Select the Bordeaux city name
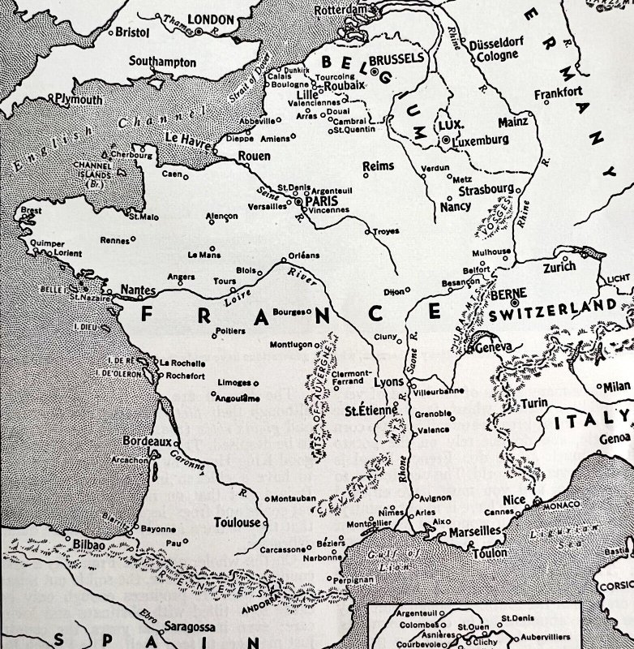[x=146, y=441]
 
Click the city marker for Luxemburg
[x=445, y=140]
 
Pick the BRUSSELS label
[x=396, y=59]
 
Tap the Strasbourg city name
[x=486, y=191]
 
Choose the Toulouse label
[x=237, y=522]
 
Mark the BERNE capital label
[x=510, y=293]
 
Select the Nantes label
[x=137, y=289]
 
